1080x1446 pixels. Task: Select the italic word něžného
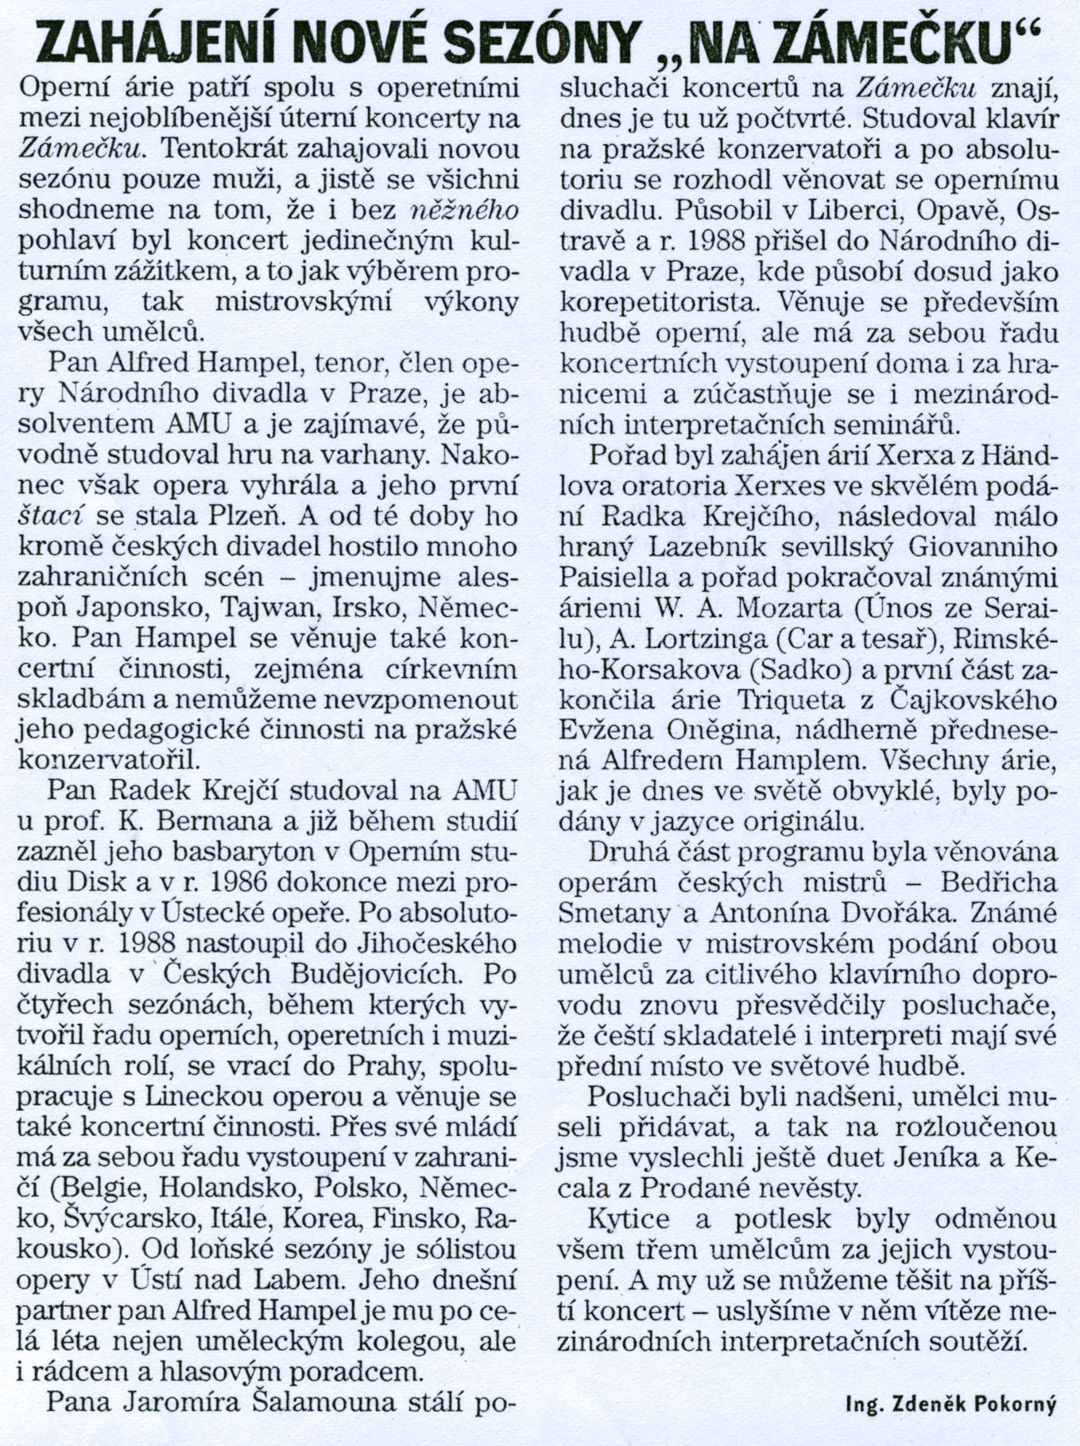click(468, 209)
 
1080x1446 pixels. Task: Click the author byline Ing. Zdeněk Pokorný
click(951, 1405)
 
